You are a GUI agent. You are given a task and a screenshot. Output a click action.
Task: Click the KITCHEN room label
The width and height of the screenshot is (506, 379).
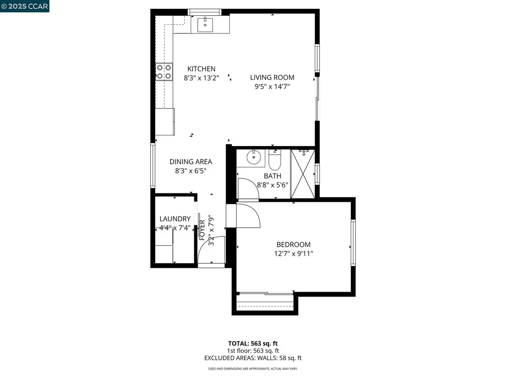tap(201, 69)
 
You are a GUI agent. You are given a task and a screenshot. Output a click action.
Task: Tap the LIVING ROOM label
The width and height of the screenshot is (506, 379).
tap(272, 77)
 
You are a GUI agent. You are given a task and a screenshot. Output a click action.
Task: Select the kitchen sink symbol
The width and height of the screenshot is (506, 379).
tap(205, 23)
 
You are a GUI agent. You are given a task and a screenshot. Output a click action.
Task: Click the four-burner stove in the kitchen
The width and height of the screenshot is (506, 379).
tap(164, 72)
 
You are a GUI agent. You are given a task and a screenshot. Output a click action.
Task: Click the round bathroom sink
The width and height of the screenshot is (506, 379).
tap(253, 157)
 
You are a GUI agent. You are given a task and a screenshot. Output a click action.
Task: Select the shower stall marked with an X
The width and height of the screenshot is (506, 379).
tap(303, 173)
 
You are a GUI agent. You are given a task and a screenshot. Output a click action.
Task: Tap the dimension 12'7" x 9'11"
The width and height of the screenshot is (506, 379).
tap(293, 253)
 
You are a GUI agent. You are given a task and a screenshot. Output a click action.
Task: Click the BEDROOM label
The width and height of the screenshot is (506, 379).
tap(293, 245)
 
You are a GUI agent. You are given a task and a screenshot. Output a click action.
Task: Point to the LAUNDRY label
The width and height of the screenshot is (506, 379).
tap(175, 219)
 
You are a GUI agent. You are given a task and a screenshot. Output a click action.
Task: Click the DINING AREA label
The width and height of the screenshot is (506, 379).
tap(191, 162)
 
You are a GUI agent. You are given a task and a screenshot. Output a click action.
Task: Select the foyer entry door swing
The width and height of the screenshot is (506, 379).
tap(211, 251)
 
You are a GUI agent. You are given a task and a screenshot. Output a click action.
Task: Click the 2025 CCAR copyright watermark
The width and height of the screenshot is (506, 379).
tap(25, 6)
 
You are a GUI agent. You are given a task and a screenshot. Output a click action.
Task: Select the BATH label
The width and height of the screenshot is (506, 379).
tap(272, 176)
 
